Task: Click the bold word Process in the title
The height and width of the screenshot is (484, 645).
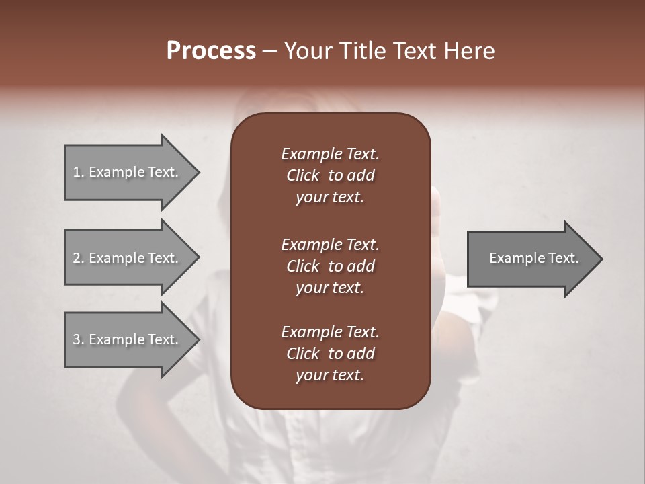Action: coord(211,51)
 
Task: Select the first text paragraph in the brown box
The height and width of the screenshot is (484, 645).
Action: coord(330,175)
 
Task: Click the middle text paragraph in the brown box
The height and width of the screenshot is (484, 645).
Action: coord(330,266)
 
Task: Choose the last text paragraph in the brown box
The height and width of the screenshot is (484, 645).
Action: coord(330,354)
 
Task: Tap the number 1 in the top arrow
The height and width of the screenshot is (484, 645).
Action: coord(77,172)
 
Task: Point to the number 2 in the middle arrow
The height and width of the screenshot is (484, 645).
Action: coord(77,258)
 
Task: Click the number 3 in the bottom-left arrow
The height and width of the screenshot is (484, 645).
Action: coord(77,339)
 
